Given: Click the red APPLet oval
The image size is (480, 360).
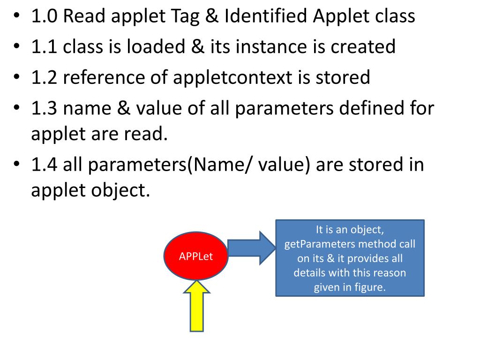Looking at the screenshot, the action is (x=196, y=256).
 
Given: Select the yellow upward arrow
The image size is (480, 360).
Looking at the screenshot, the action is (x=197, y=307).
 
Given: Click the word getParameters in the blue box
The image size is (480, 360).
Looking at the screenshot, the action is (x=316, y=244).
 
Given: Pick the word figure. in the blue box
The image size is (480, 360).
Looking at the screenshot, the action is (x=369, y=287).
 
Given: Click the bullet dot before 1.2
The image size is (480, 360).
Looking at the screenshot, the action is (x=16, y=77).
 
